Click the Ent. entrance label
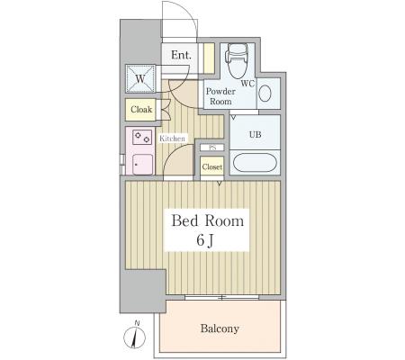tap(181, 55)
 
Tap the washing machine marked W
tap(140, 78)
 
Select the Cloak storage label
tap(141, 110)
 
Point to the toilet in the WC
tap(238, 61)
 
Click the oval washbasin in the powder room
tap(265, 94)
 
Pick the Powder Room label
tap(220, 96)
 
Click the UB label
tap(255, 135)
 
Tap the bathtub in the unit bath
tap(255, 162)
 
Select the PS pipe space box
tap(212, 148)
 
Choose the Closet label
tap(212, 166)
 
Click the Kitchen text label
tap(172, 139)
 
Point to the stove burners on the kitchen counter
tap(142, 138)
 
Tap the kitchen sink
tap(142, 164)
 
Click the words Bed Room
tap(207, 221)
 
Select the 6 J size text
tap(205, 240)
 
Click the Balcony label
tap(220, 328)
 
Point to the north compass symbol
tap(134, 337)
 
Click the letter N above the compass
tap(137, 323)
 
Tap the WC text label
tap(247, 84)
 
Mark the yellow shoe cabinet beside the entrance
tap(209, 58)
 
